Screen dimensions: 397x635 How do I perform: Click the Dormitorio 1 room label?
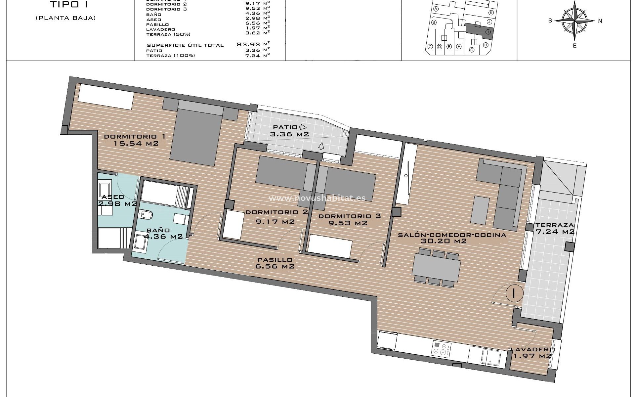pyautogui.click(x=134, y=136)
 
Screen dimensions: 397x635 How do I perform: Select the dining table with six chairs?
pyautogui.click(x=436, y=267)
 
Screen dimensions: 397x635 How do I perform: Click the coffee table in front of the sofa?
pyautogui.click(x=480, y=210)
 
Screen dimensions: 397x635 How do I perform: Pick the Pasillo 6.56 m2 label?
pyautogui.click(x=275, y=263)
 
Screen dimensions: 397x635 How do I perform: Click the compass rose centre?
pyautogui.click(x=575, y=21)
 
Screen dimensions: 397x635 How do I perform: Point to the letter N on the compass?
pyautogui.click(x=600, y=21)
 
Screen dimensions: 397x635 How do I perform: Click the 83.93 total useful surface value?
pyautogui.click(x=249, y=44)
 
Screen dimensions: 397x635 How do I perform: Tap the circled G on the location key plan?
pyautogui.click(x=472, y=50)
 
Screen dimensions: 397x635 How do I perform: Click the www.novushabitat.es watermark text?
pyautogui.click(x=317, y=198)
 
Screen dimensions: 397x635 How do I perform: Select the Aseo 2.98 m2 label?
pyautogui.click(x=117, y=200)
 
